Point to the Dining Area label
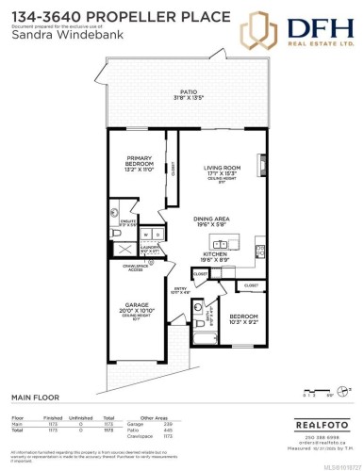click(x=218, y=222)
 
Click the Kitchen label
click(x=218, y=253)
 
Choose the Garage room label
click(x=139, y=308)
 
